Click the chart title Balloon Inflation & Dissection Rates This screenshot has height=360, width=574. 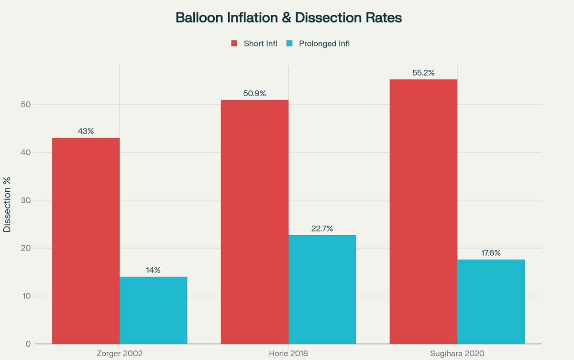(x=288, y=18)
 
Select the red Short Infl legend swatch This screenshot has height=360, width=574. (x=234, y=44)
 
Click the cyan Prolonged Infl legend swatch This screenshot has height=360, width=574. (x=289, y=44)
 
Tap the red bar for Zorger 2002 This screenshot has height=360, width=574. (x=86, y=241)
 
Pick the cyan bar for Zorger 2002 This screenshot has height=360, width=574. (x=153, y=310)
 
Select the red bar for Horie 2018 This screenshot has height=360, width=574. (x=254, y=222)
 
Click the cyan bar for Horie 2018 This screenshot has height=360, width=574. (x=322, y=289)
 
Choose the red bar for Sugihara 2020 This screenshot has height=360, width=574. (x=423, y=211)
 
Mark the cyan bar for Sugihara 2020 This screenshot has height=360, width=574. (x=491, y=302)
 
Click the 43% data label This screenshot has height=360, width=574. (x=86, y=131)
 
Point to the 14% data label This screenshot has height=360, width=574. (x=153, y=270)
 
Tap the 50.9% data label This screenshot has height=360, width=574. (x=254, y=93)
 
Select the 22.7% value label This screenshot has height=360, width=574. (x=322, y=229)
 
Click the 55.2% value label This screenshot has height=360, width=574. (x=423, y=73)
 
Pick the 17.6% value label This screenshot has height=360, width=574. (x=491, y=253)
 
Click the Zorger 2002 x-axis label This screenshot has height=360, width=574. (x=120, y=353)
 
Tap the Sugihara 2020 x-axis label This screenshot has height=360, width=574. (x=457, y=353)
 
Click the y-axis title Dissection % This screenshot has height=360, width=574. (x=7, y=205)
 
